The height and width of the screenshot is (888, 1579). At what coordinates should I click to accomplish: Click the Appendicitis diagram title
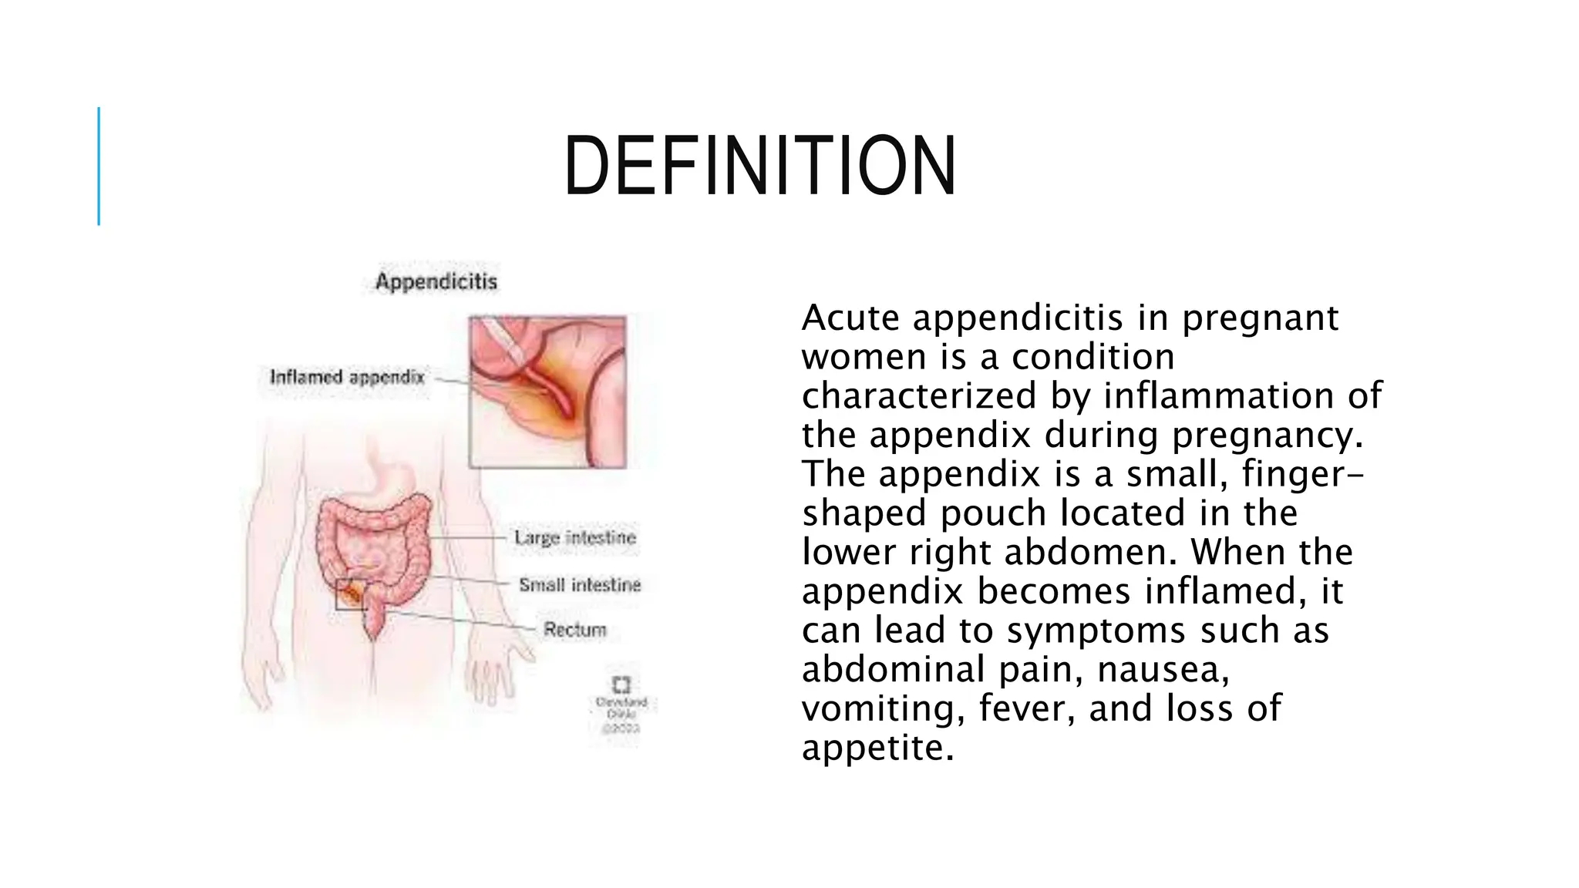click(436, 282)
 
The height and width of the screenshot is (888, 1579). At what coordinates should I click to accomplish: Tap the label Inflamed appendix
click(347, 378)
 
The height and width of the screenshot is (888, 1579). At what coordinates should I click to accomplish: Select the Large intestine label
click(575, 537)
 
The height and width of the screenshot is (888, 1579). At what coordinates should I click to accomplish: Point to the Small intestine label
click(580, 585)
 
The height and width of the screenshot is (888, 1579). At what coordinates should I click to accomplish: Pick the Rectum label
click(575, 630)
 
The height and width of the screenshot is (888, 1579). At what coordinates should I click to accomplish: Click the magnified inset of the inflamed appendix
click(547, 392)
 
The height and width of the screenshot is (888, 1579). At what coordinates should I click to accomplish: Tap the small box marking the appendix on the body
click(352, 594)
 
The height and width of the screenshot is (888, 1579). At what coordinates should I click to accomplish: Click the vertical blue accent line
click(99, 166)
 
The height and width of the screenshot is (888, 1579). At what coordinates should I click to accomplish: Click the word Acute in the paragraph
click(850, 318)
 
